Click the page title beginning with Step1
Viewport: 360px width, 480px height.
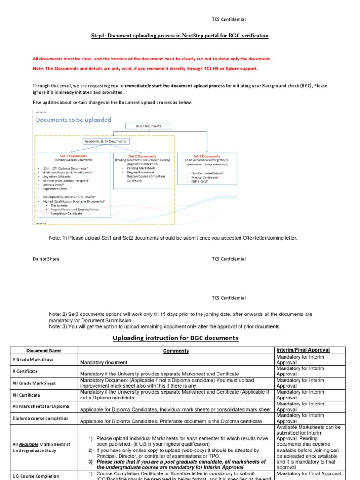[x=180, y=36]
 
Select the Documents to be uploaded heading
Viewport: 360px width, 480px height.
[x=74, y=120]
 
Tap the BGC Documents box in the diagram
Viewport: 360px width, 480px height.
[x=149, y=126]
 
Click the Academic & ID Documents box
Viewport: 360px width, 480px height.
[x=105, y=141]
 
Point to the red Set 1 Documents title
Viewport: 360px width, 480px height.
[x=74, y=156]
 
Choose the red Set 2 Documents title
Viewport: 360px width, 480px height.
[x=142, y=156]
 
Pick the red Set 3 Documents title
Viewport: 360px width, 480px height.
[x=207, y=156]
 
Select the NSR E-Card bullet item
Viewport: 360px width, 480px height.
[x=198, y=181]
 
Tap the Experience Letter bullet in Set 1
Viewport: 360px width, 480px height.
[x=55, y=189]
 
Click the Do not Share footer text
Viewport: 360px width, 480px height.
[x=46, y=259]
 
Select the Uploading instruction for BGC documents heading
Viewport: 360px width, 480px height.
[x=176, y=338]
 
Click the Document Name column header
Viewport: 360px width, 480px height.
[x=44, y=351]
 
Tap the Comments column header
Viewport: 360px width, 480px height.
[x=176, y=351]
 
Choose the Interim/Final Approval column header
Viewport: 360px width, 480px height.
[x=303, y=350]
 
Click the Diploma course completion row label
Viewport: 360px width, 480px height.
[x=40, y=418]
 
